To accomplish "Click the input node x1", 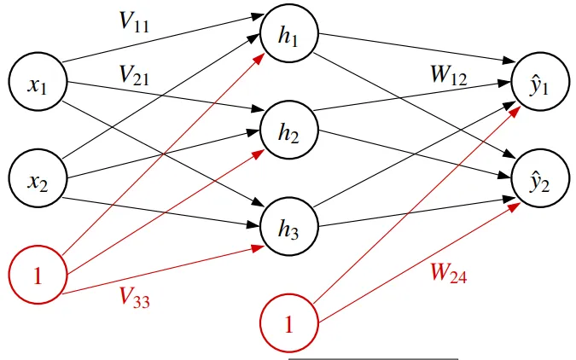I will (x=35, y=84).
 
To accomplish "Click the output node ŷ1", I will (x=540, y=84).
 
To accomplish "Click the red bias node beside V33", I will (x=35, y=276).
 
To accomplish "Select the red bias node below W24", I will (x=288, y=323).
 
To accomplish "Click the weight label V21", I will (x=135, y=77).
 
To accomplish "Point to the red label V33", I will (x=135, y=296).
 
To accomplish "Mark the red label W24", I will (x=447, y=274).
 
